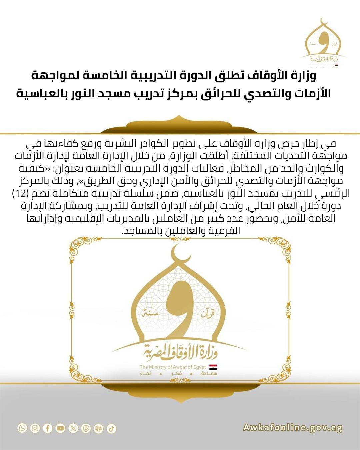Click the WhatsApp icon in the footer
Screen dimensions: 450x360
click(22, 428)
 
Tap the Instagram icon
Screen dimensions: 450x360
click(35, 428)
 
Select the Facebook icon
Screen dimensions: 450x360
click(48, 428)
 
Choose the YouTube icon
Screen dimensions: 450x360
click(60, 428)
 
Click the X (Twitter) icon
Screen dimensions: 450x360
click(73, 428)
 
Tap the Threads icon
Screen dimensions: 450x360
click(86, 428)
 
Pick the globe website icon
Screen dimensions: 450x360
click(98, 428)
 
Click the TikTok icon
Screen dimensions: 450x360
click(111, 428)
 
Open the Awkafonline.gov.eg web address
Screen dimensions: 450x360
click(292, 428)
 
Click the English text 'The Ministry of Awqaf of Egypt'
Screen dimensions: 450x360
click(173, 367)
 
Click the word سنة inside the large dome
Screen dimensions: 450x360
click(149, 314)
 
